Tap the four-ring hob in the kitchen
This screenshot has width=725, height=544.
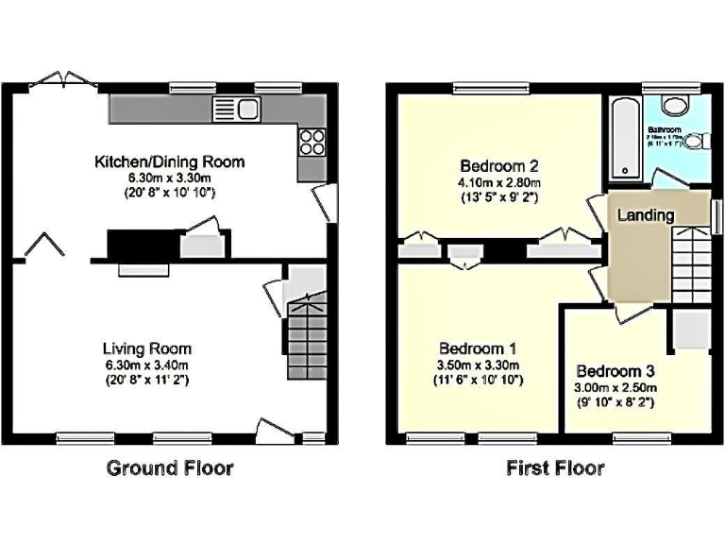pos(312,141)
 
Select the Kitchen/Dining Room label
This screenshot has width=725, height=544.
pos(169,161)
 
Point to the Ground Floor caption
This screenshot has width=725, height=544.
pos(170,467)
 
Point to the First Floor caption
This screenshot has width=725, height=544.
pos(555,467)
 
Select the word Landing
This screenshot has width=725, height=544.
pos(646,215)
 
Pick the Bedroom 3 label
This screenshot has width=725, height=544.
pos(615,371)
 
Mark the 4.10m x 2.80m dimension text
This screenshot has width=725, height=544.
pos(498,183)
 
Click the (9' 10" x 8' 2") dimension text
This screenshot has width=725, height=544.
pos(615,402)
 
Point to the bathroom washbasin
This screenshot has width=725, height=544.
pos(677,105)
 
